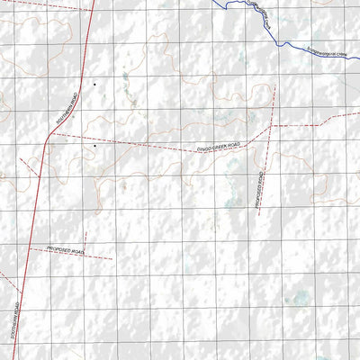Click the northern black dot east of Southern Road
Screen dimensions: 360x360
pyautogui.click(x=94, y=84)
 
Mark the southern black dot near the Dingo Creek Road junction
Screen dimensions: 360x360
pyautogui.click(x=94, y=144)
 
